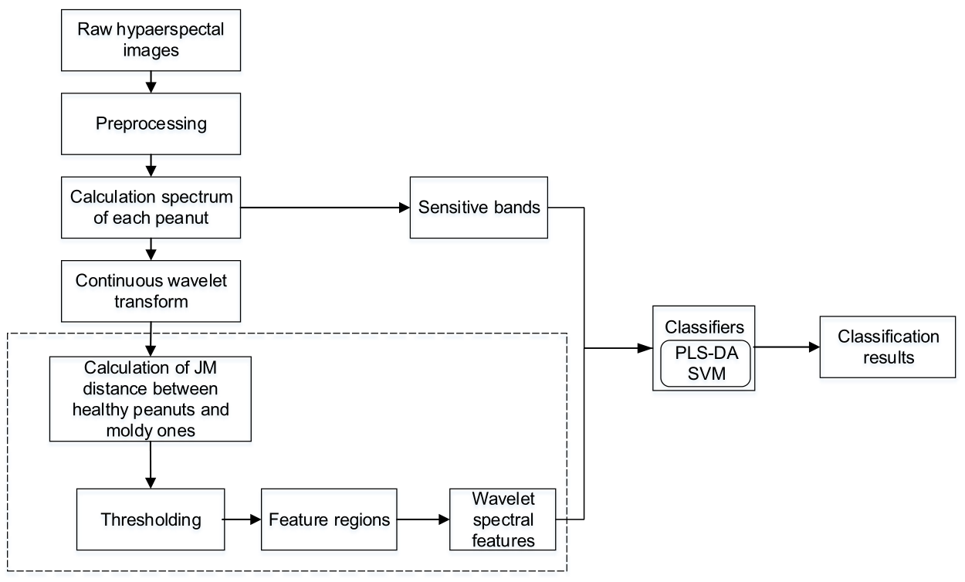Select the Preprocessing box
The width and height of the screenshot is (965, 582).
point(151,124)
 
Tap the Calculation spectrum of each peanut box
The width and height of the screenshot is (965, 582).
point(151,207)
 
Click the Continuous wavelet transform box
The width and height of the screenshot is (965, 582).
point(151,289)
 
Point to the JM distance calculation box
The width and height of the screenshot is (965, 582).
point(151,398)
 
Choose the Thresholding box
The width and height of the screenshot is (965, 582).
point(151,519)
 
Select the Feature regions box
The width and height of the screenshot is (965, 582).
point(330,519)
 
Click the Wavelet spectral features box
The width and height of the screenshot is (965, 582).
point(503,519)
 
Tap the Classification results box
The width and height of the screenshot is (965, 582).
point(889,347)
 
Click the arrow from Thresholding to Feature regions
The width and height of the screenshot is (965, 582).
point(242,519)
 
